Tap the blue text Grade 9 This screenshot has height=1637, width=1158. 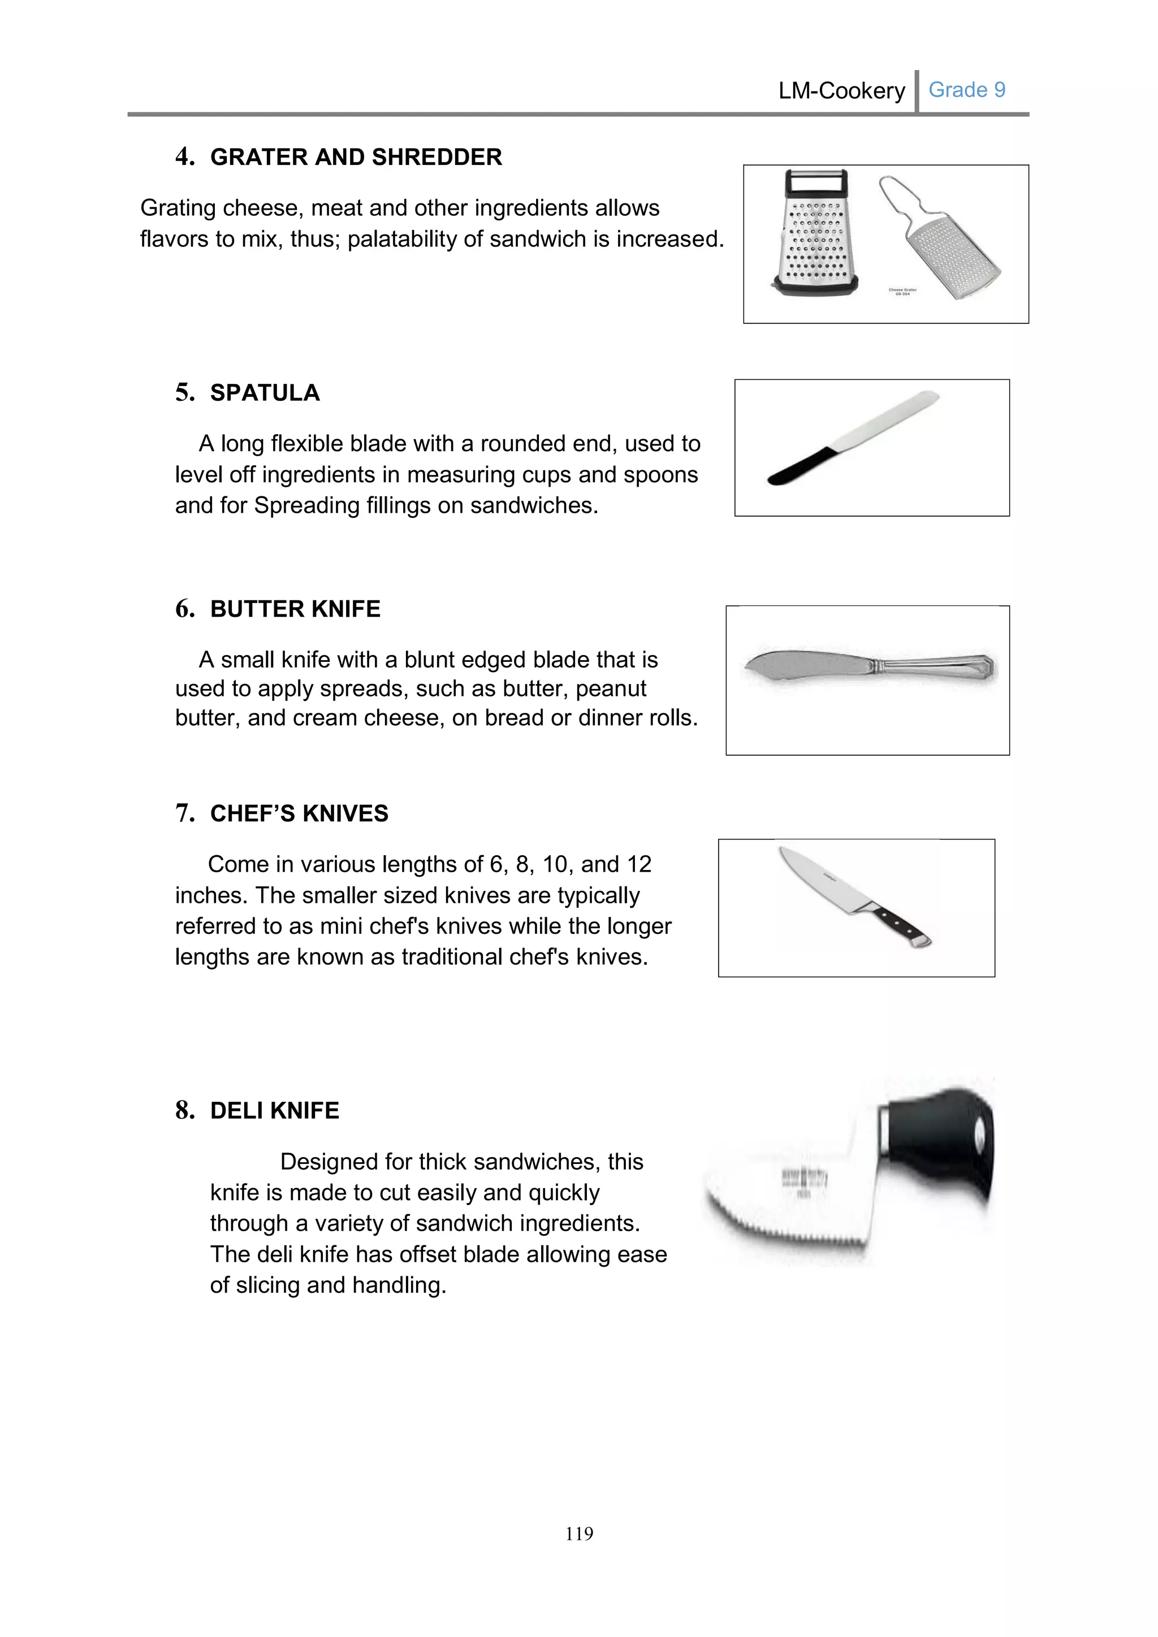tap(966, 90)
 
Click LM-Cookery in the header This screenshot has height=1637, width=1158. tap(841, 90)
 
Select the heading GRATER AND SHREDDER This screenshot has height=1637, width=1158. tap(356, 157)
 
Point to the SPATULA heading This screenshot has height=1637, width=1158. tap(265, 393)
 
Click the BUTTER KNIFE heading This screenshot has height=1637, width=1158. tap(295, 609)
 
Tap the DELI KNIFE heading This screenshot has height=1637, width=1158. tap(275, 1111)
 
